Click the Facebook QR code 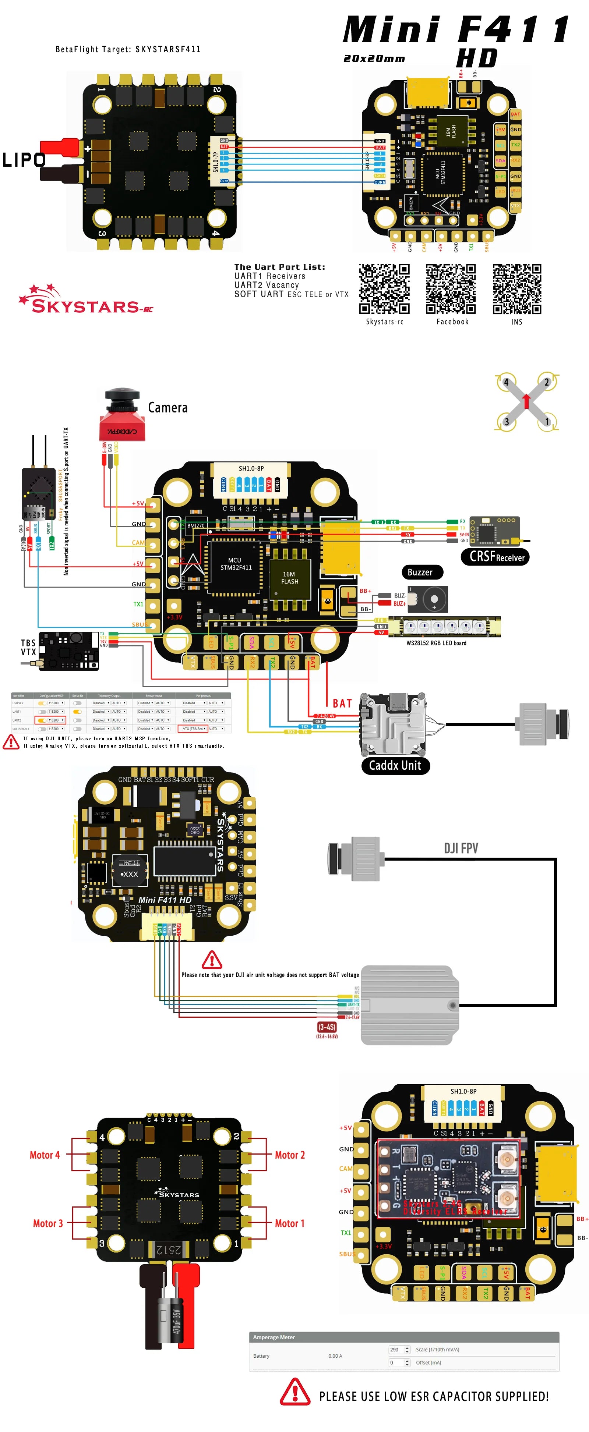click(451, 288)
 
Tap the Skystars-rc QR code click(384, 288)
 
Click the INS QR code click(517, 288)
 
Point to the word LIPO click(23, 160)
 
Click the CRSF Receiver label click(495, 556)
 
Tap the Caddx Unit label click(395, 765)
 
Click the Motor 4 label click(45, 1155)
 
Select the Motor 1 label click(289, 1223)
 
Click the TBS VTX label click(28, 647)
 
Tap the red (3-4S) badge click(327, 1027)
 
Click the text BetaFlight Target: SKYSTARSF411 click(128, 49)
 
